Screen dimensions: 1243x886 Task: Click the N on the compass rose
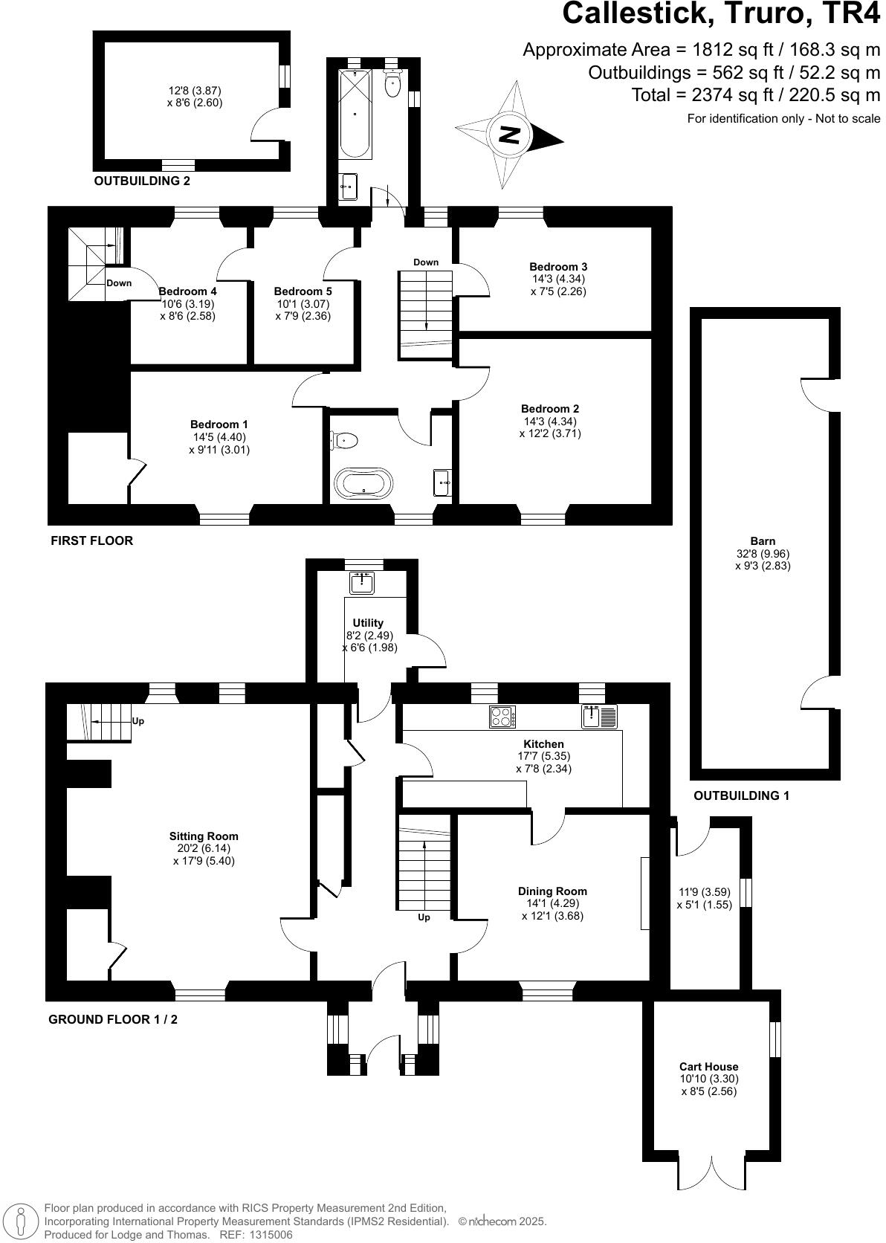(509, 135)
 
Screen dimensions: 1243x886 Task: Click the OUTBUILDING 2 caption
(137, 181)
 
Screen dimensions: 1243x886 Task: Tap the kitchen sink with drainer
(600, 717)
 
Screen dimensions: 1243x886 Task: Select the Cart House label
(708, 1066)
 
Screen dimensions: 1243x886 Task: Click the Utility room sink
(363, 583)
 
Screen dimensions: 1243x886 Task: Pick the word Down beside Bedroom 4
(119, 283)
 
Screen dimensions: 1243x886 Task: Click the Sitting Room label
(204, 836)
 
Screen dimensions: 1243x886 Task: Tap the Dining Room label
(552, 891)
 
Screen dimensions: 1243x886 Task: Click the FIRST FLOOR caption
(91, 540)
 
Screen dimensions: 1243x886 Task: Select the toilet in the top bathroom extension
(392, 84)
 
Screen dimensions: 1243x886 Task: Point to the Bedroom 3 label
(558, 266)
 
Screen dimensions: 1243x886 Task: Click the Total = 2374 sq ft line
(756, 95)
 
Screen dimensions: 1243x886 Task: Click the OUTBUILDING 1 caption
(741, 795)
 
